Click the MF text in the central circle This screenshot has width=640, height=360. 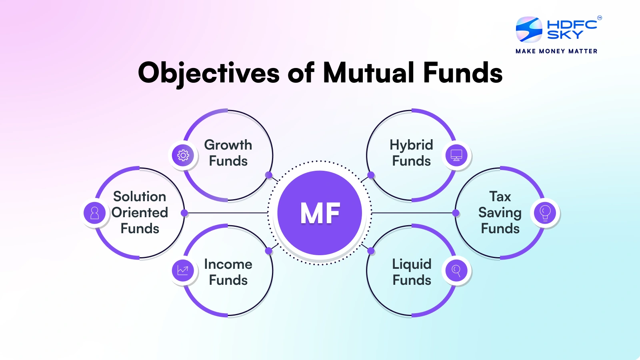point(320,213)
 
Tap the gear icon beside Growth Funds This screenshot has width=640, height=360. point(183,155)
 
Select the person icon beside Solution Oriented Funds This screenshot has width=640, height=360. point(95,213)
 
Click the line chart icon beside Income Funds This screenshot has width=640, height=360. point(183,270)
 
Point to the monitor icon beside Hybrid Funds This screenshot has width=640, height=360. point(456,155)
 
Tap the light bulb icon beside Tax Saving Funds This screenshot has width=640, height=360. point(545,213)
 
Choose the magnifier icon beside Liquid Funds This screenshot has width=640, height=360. point(456,270)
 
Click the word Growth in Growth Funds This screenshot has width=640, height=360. point(228,145)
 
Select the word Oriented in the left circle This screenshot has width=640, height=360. point(140,212)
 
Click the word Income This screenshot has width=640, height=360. point(228,264)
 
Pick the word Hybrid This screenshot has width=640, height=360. point(411,145)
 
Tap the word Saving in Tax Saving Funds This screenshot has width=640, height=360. point(500,213)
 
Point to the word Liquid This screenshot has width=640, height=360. point(412,264)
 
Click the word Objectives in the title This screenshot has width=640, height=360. point(208,73)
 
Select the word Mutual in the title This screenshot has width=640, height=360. point(368,73)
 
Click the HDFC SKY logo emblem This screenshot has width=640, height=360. point(529,30)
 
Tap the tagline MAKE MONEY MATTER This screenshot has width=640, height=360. point(556,51)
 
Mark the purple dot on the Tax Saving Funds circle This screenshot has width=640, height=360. point(456,213)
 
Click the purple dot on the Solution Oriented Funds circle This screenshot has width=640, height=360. point(184,213)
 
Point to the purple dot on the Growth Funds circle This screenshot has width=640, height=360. point(269,175)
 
